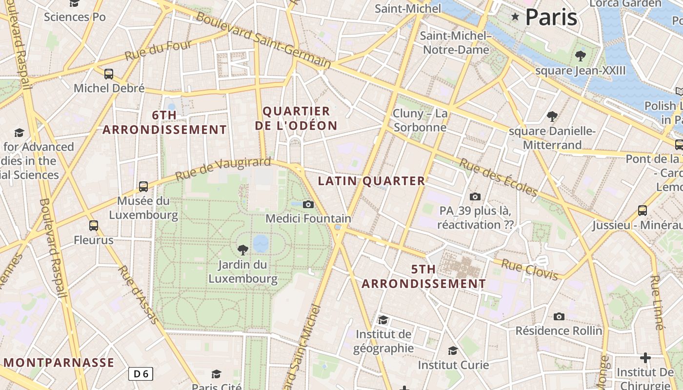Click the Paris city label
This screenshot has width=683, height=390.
coord(551,17)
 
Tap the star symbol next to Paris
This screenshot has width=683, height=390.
coord(515,17)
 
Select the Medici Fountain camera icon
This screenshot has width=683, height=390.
coord(308,204)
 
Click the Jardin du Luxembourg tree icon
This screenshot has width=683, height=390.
coord(242,250)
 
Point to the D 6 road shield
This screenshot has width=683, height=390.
coord(141,374)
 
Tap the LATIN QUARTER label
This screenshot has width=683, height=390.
coord(371,181)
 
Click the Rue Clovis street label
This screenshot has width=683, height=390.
coord(530,270)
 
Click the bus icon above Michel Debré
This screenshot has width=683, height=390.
coord(109,74)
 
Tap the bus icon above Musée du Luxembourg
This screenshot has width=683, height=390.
coord(143,186)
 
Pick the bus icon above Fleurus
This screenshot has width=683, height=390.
coord(94,226)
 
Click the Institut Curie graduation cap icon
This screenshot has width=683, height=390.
coord(453,351)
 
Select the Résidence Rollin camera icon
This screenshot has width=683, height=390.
coord(559,316)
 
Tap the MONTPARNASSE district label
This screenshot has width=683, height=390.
coord(59,363)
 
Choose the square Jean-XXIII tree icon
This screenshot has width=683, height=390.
coord(580,56)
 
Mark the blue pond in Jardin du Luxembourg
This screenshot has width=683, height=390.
coord(261,242)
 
